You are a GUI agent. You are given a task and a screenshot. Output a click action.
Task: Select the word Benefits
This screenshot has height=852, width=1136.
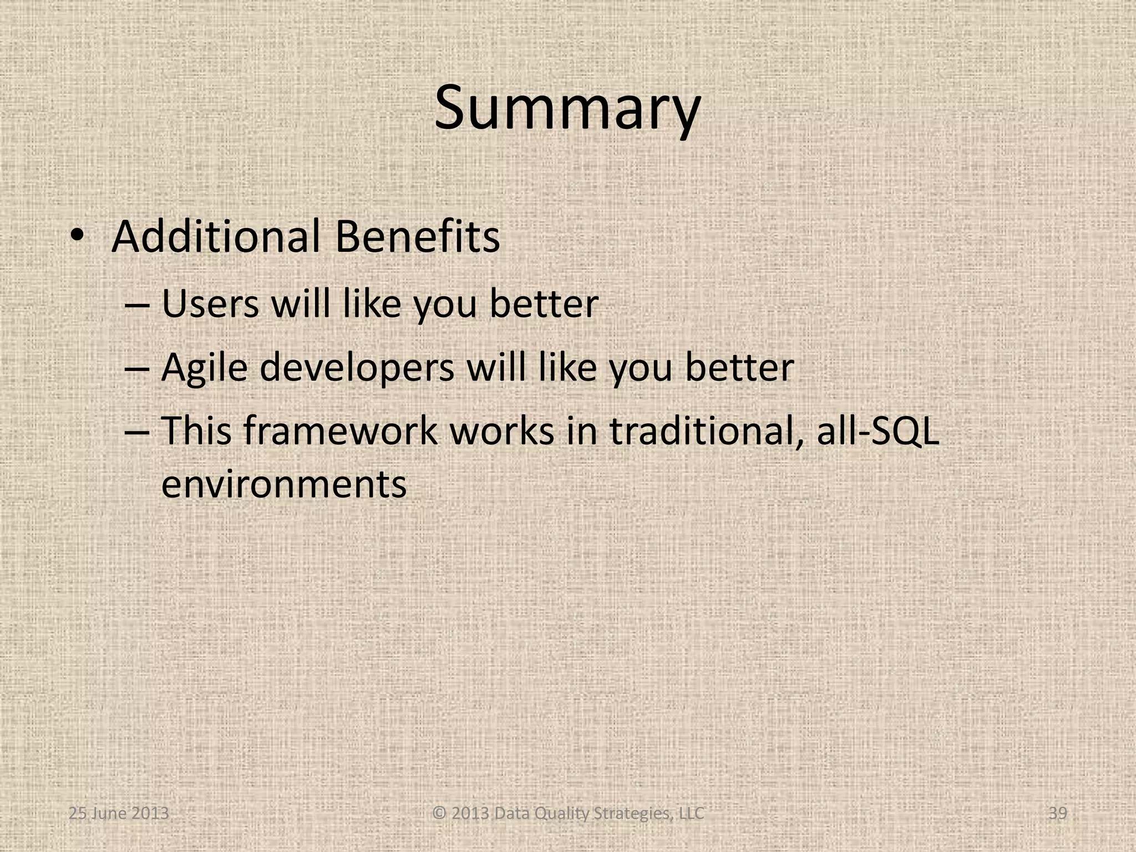tap(417, 237)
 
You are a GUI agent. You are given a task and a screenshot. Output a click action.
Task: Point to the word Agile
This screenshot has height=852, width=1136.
tap(204, 368)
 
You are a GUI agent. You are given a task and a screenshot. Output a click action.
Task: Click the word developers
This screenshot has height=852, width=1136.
tap(357, 368)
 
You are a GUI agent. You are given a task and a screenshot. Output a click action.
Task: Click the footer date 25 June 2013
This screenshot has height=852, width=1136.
tap(119, 814)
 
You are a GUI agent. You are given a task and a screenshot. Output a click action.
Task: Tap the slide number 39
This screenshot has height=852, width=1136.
tap(1058, 814)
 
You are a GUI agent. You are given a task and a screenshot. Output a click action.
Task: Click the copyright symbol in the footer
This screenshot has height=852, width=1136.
tap(439, 814)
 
